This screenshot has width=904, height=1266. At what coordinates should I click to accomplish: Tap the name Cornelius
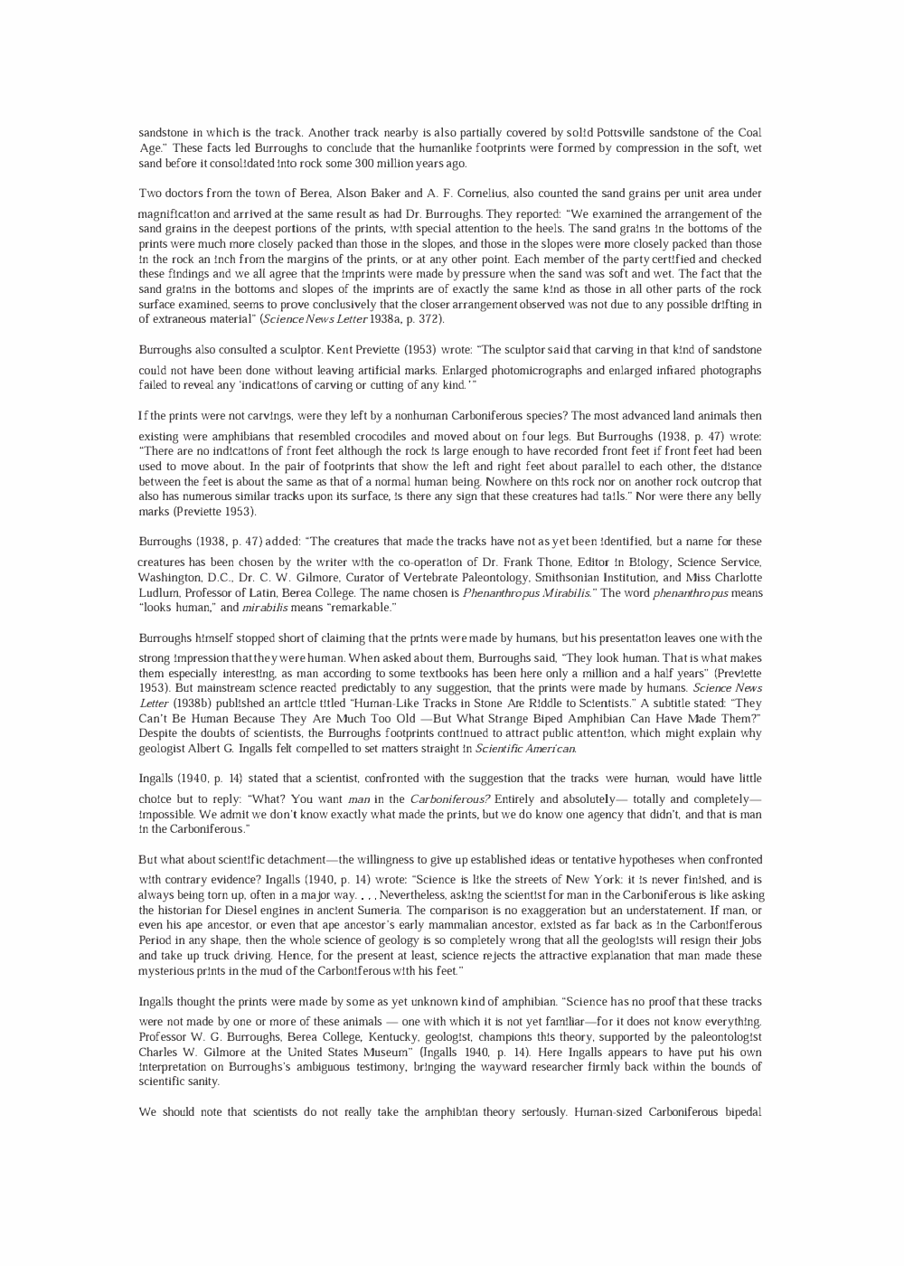[477, 194]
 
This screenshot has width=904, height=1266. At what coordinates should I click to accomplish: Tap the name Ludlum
[158, 592]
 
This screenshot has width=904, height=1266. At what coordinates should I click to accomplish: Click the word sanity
[203, 1082]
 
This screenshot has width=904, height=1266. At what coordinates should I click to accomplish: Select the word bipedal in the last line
[742, 1111]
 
